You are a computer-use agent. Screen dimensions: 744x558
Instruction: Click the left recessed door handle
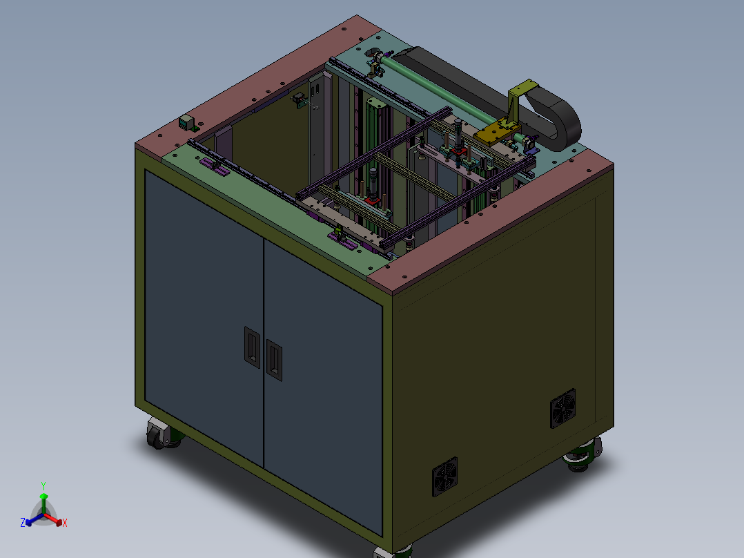(x=252, y=347)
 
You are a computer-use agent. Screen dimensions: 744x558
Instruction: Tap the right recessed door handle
(x=274, y=360)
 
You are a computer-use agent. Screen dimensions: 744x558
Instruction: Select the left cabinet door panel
(x=204, y=318)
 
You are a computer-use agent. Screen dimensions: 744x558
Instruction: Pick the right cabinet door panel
(x=323, y=387)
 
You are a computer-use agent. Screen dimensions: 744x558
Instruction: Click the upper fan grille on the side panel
(x=562, y=408)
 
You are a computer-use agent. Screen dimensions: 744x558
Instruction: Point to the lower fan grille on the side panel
(x=444, y=477)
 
